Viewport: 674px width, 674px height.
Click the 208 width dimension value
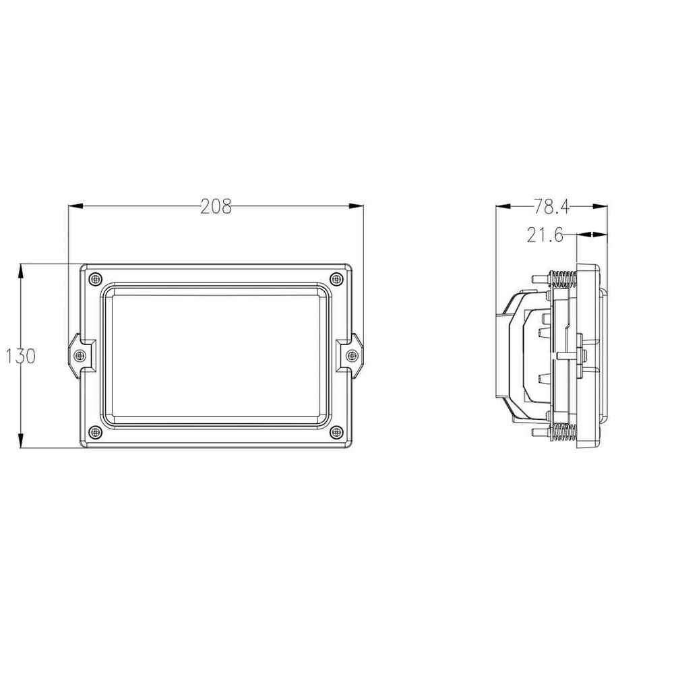216,207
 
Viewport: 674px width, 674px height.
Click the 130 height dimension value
20,356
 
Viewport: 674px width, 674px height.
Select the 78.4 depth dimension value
551,207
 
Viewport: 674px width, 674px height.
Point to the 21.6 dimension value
545,235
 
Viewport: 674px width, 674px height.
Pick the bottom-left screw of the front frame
96,432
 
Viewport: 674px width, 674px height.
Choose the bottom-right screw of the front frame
336,432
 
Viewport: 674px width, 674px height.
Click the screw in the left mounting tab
80,355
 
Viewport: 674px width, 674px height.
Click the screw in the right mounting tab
352,355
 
